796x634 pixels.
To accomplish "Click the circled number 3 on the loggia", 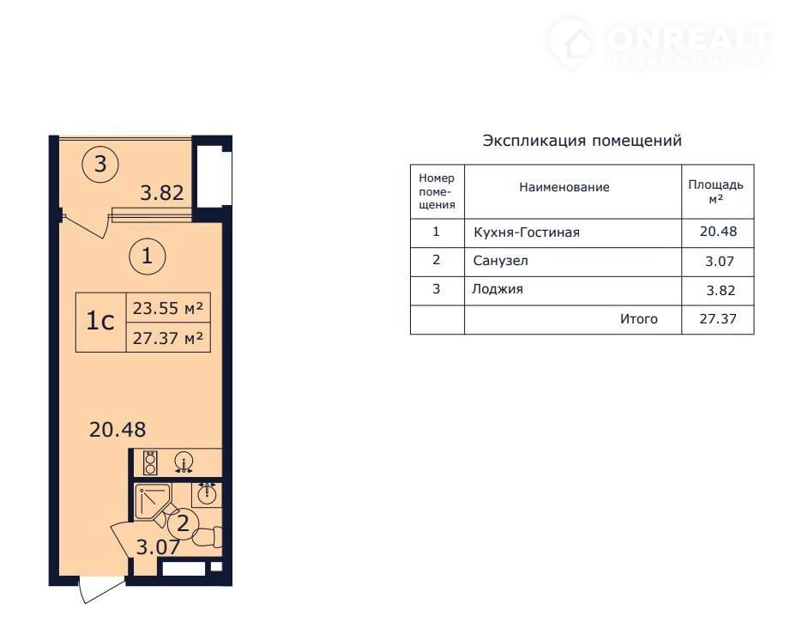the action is [x=100, y=164].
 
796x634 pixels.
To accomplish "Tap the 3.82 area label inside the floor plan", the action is [x=162, y=193].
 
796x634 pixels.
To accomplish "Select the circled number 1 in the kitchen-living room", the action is [x=148, y=256].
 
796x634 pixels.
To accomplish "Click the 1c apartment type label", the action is [x=100, y=321].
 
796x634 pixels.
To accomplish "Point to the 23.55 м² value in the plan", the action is [x=168, y=308].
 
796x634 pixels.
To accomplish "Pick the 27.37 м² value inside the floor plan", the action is [x=168, y=338].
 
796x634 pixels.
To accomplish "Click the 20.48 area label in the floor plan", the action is [x=118, y=430].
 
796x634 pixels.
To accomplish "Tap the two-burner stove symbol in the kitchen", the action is [x=150, y=462].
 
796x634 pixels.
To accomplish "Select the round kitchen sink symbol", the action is [x=184, y=462].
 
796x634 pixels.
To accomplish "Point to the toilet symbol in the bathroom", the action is [x=208, y=536].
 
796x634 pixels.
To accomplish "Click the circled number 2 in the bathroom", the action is [x=182, y=523].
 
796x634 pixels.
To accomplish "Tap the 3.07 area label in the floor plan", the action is [x=159, y=547].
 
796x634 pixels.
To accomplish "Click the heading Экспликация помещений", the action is [x=582, y=141].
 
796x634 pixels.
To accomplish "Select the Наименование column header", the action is [x=564, y=187].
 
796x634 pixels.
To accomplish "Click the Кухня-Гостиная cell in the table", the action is [x=527, y=232].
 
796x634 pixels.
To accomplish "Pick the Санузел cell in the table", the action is [x=501, y=261].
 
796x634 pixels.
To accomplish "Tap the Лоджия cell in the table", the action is [x=497, y=289].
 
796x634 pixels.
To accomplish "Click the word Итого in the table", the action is [x=639, y=319].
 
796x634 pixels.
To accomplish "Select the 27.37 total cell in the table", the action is [x=718, y=319].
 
